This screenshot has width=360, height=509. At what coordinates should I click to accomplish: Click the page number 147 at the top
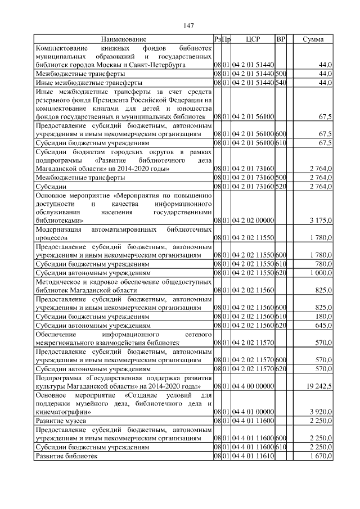[x=188, y=26]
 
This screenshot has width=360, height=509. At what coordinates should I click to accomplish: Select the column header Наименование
[x=123, y=40]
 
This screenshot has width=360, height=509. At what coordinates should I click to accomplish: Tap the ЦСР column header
[x=253, y=40]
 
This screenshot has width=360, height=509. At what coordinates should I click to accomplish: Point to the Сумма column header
[x=313, y=40]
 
